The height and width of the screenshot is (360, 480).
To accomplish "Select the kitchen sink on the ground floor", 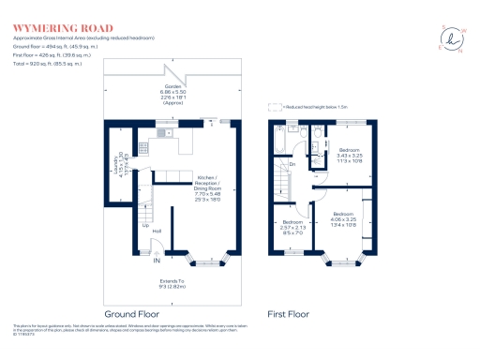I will (160, 134).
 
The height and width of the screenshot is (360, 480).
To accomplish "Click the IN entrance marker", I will (157, 260).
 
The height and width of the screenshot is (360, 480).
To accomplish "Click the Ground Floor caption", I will (132, 312).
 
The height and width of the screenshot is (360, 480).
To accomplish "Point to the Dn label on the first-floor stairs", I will (292, 166).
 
